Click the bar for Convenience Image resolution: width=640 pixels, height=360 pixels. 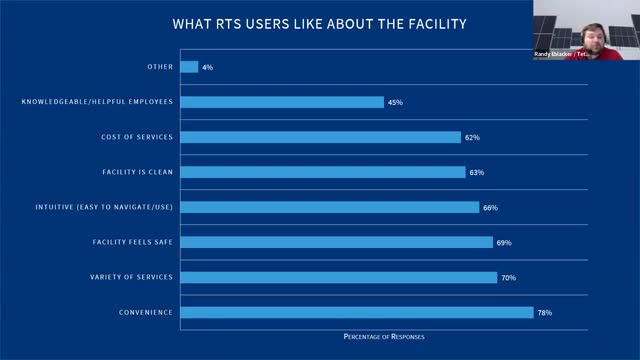(357, 313)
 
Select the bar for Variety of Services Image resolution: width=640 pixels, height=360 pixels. (339, 278)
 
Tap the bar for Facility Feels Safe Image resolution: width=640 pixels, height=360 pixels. (337, 242)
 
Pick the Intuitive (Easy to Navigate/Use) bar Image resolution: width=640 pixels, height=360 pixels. (330, 207)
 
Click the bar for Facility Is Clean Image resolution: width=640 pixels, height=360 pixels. (323, 172)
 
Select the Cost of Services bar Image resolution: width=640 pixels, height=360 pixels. (321, 137)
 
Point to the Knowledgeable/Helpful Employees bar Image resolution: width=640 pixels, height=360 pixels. (282, 102)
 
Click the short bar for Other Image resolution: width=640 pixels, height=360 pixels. (189, 67)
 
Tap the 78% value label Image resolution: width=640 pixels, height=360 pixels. (544, 313)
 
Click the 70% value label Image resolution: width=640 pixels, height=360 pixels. (509, 278)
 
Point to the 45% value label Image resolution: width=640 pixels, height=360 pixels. (396, 102)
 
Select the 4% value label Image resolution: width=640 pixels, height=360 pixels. (207, 67)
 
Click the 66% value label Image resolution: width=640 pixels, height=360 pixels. (490, 207)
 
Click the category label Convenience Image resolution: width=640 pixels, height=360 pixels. (145, 313)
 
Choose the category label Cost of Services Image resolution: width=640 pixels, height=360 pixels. (137, 137)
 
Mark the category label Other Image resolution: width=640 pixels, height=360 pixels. (159, 67)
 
